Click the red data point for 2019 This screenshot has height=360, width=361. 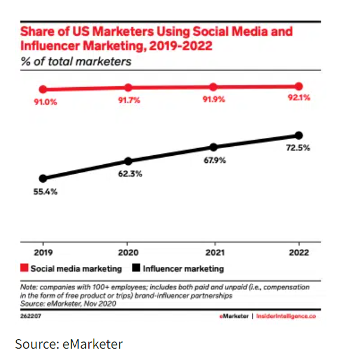click(43, 90)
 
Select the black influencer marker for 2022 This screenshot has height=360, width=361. click(299, 136)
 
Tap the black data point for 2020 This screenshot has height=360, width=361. click(128, 161)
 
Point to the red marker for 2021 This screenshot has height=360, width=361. click(214, 87)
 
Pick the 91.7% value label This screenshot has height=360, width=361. click(129, 100)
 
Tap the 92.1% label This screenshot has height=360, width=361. click(299, 99)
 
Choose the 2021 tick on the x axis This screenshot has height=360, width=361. click(214, 253)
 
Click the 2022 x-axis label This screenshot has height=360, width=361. click(299, 253)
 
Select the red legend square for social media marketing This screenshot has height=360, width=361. click(24, 269)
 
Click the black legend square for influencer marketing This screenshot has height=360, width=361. click(137, 269)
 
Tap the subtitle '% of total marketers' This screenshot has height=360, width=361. click(76, 61)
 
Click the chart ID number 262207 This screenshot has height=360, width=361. click(31, 316)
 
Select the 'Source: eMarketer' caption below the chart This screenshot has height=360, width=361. click(69, 344)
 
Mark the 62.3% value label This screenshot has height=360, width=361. click(128, 174)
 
